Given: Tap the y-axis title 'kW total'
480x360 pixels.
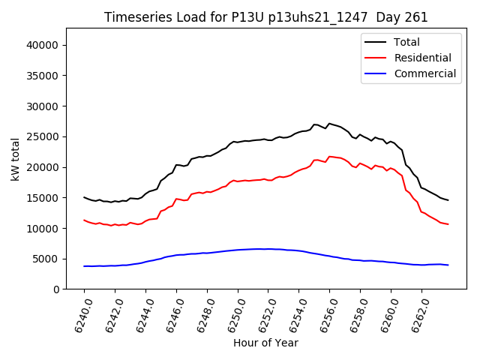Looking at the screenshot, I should [15, 159].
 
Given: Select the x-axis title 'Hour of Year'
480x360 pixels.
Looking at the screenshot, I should [265, 343].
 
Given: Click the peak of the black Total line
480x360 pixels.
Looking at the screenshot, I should [329, 123].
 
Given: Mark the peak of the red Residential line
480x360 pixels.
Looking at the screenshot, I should [329, 157].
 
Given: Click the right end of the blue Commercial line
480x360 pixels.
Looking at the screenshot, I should [448, 265].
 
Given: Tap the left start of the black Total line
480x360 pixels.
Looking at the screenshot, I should [84, 197].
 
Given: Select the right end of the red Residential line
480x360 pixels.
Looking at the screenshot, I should [448, 224].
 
